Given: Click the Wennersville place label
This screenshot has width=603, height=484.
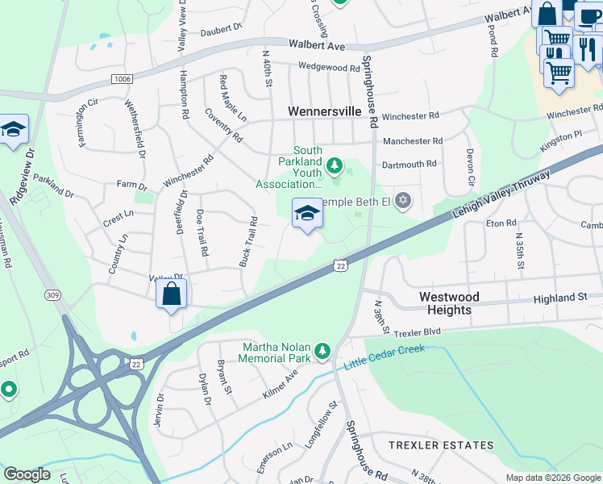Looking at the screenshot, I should point(326,111).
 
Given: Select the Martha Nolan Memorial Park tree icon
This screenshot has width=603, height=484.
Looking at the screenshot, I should point(322,350).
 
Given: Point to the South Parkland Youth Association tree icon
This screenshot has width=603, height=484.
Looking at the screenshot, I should point(335,167).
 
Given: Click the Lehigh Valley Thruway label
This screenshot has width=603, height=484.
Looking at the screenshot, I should point(501,194).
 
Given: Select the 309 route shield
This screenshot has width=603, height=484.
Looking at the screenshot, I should point(54,296).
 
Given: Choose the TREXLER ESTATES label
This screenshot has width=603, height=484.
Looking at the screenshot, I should point(441,445).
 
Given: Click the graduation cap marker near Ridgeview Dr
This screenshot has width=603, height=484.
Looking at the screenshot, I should point(14,129).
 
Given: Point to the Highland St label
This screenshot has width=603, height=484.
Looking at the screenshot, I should point(559,298).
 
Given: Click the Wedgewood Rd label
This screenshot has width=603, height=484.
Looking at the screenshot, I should point(328,67).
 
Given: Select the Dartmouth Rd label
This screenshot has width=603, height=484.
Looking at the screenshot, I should point(409,164).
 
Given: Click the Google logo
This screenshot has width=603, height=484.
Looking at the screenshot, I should point(27,474).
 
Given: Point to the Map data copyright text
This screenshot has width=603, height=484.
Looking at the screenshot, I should point(552,478).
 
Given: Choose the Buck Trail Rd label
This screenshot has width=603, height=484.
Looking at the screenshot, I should point(248,242).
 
